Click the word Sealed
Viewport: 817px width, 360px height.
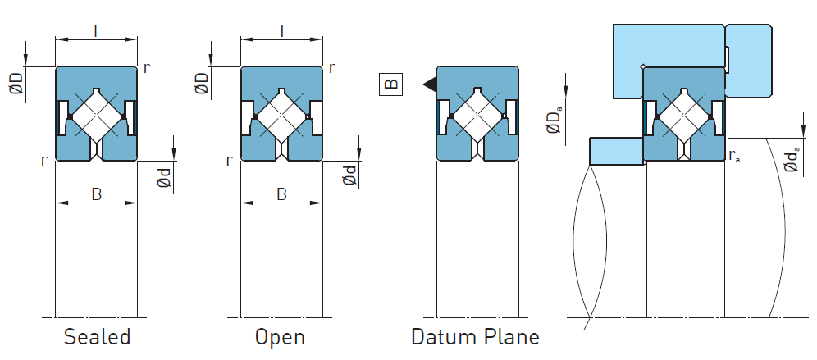(x=97, y=337)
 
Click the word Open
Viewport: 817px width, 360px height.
(x=280, y=337)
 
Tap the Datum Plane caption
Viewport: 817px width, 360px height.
(x=475, y=337)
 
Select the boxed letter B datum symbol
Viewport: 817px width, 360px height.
(x=390, y=83)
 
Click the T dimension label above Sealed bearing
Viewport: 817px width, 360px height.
(x=96, y=31)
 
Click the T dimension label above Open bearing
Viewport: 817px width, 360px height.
(x=281, y=31)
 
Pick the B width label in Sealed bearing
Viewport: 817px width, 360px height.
(x=96, y=194)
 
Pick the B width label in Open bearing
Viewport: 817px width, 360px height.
(x=281, y=194)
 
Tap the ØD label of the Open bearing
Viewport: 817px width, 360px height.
(x=202, y=84)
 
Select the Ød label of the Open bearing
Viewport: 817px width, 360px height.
(x=350, y=175)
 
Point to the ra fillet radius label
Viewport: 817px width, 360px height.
(x=734, y=157)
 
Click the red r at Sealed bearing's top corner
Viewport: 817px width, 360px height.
(x=146, y=68)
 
